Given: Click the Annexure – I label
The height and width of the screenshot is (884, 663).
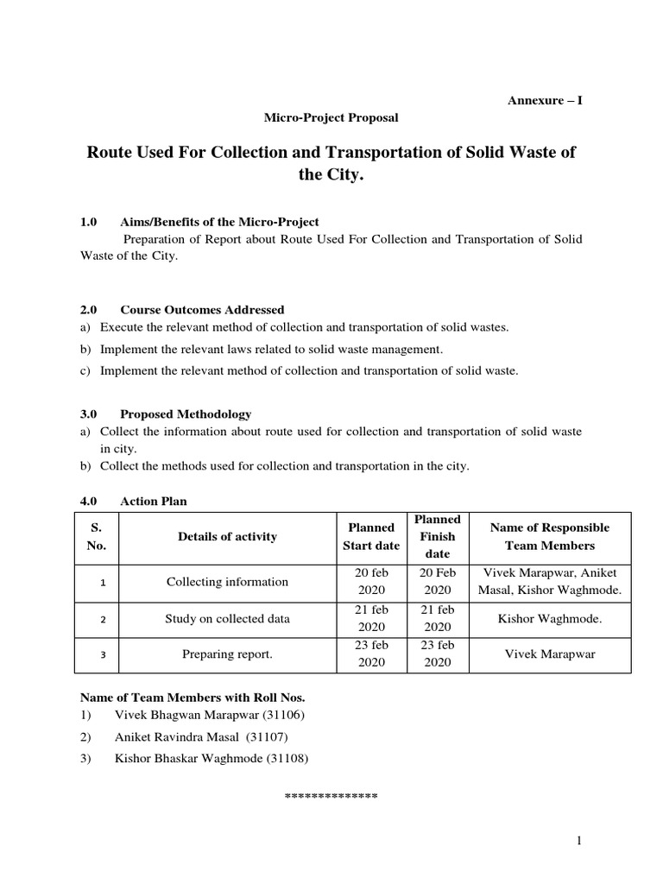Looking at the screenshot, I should point(544,100).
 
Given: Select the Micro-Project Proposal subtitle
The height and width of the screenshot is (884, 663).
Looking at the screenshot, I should point(331,117).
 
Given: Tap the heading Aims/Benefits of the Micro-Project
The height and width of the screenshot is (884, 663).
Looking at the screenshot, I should point(219,223).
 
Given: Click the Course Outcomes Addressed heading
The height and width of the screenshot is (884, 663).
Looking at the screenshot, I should point(202,310).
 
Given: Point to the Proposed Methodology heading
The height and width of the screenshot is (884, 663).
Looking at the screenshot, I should point(186,414).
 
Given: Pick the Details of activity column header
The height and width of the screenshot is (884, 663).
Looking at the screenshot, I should point(227,537).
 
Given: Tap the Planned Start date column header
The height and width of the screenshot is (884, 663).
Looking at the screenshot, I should point(371,536).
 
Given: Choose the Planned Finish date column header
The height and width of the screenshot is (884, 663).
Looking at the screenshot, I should point(438,536).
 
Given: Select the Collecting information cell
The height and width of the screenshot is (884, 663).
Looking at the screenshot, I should point(227,582).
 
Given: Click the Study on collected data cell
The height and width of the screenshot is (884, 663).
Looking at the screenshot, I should point(227,618).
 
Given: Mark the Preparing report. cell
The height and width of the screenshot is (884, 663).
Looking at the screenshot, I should point(227,654).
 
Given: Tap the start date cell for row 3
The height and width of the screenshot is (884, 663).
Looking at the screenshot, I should point(371,654).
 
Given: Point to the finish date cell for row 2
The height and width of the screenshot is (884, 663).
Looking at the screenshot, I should point(438,618).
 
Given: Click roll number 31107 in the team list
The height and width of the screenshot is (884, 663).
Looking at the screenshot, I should point(268,737).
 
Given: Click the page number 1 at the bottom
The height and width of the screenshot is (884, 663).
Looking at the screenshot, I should point(582,841).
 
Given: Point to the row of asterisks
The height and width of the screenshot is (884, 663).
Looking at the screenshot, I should point(331,794).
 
